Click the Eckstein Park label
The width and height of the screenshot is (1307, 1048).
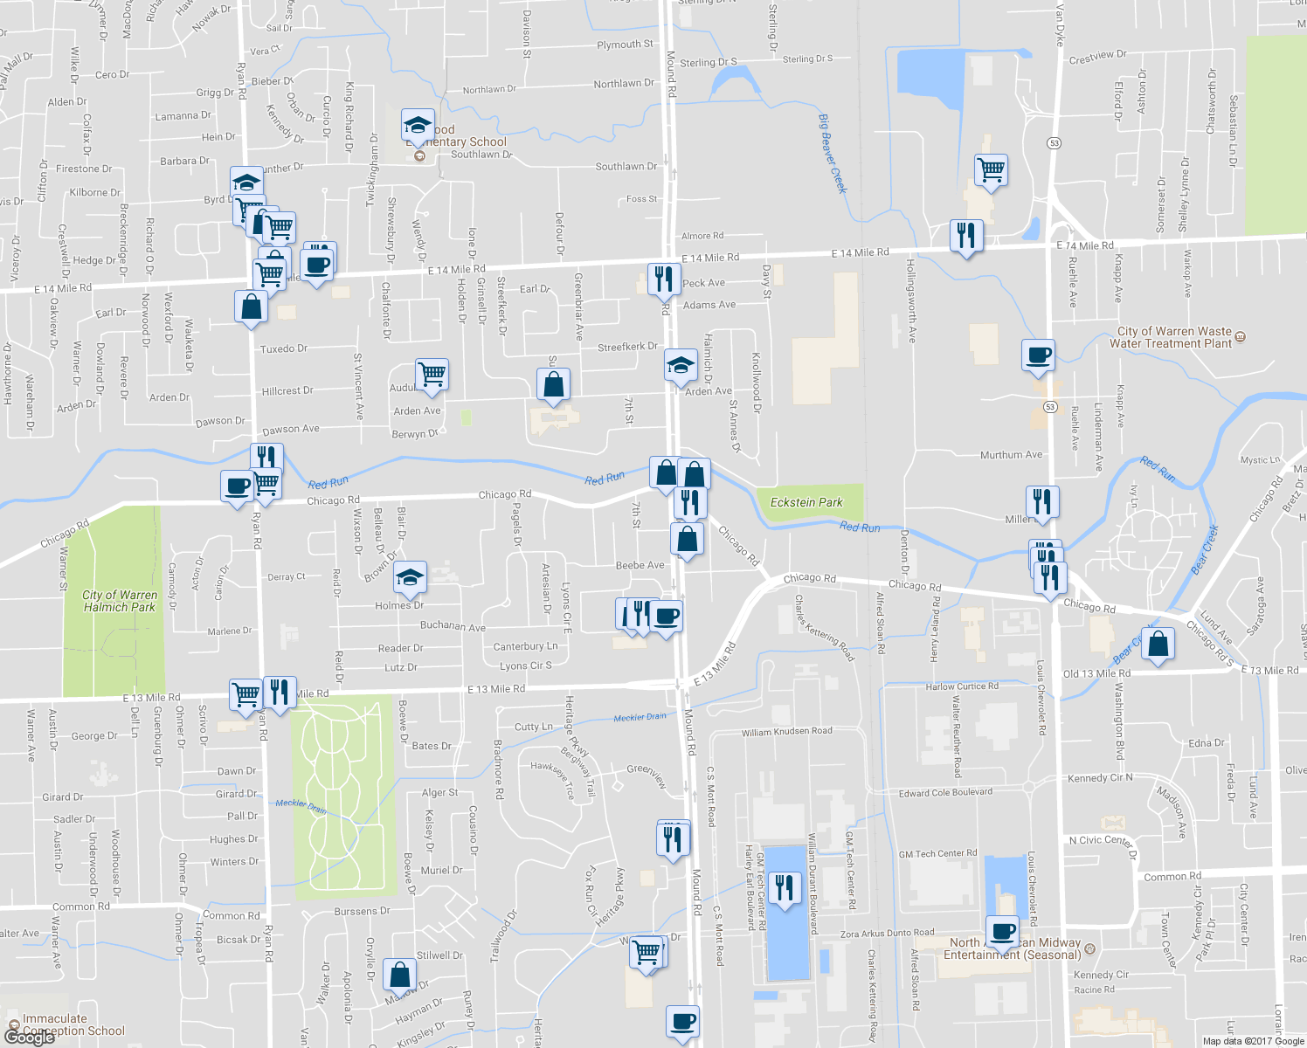[x=806, y=503]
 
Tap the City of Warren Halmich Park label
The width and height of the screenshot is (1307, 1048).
[x=119, y=601]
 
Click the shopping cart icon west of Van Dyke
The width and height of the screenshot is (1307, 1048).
[x=991, y=169]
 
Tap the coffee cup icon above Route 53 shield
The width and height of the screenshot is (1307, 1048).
[x=1038, y=355]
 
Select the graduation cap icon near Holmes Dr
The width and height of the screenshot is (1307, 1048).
[x=409, y=576]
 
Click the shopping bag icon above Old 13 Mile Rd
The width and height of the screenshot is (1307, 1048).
[x=1158, y=645]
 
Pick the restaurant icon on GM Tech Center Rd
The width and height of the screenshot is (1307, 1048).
[x=785, y=888]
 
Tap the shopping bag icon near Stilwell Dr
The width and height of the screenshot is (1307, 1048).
[x=399, y=975]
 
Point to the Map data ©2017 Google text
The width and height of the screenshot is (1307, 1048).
[x=1253, y=1041]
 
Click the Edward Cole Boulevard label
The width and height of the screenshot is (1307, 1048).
[x=945, y=793]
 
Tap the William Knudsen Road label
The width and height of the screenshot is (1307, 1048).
[x=786, y=732]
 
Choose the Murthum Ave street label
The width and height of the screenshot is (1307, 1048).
[x=1011, y=455]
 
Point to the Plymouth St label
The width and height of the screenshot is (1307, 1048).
[x=625, y=45]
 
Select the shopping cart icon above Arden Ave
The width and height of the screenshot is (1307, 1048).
[x=432, y=375]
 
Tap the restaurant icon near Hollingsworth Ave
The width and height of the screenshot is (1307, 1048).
[x=965, y=236]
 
